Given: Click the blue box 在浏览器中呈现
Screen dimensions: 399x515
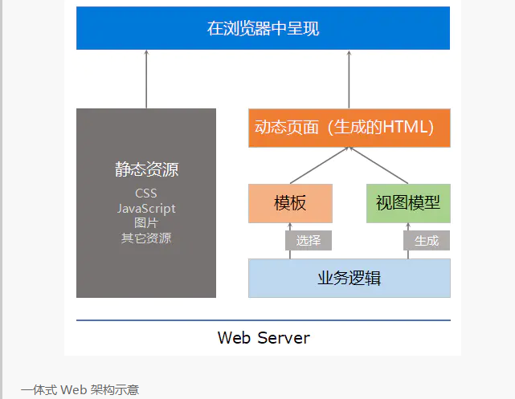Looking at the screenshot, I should coord(263,29).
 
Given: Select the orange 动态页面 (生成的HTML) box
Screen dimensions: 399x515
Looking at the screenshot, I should coord(349,128).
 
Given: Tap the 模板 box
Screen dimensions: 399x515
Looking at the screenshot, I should coord(290,203).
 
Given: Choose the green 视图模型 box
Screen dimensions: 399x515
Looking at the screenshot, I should coord(408,203).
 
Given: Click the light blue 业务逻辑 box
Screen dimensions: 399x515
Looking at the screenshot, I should coord(349,278).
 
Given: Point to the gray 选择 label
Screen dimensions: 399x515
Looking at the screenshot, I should coord(309,241).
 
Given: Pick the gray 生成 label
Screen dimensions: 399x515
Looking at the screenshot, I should coord(427,241).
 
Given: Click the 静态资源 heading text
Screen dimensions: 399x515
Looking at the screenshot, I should coord(146,170).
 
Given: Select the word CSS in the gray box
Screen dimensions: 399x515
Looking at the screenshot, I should coord(146,193).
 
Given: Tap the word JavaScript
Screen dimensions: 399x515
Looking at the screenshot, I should coord(146,209).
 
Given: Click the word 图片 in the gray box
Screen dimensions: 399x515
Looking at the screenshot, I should coord(146,223).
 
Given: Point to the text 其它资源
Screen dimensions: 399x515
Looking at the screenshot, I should coord(146,238).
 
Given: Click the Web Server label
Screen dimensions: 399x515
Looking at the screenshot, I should coord(264,337).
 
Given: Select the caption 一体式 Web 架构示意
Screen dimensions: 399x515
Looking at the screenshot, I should coord(80,390).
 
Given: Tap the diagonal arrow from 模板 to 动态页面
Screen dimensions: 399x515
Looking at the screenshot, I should coord(318,166).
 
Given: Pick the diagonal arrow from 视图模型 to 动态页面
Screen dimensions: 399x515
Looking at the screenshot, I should coord(379,166).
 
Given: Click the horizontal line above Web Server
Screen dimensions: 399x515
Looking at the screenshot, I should coord(264,320).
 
